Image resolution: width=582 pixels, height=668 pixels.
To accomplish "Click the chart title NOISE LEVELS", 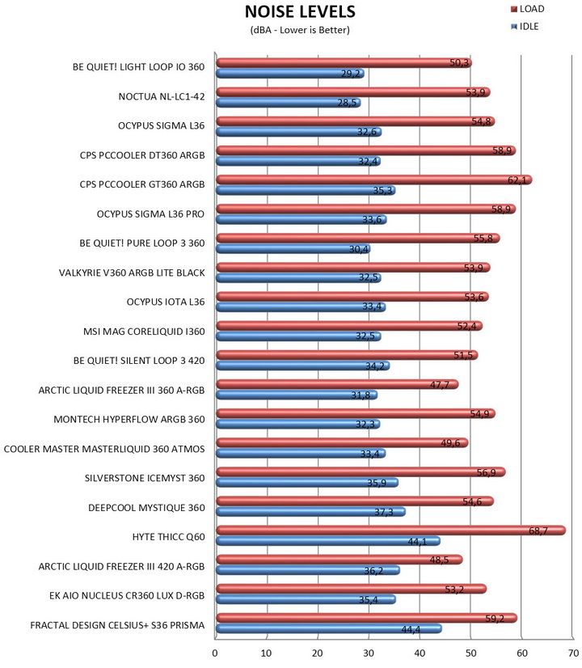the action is pos(300,11).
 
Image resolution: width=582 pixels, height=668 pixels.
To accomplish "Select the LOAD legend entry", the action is pos(528,9).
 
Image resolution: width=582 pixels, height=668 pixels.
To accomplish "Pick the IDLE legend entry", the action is pos(525,27).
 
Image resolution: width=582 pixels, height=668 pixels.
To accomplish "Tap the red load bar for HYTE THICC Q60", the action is pos(391,531).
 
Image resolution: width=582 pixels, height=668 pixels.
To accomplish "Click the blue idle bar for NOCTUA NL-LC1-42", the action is pos(289,103).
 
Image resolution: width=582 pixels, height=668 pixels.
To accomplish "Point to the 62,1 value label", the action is pos(517,180).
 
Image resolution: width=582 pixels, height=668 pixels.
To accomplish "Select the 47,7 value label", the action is pos(440,385).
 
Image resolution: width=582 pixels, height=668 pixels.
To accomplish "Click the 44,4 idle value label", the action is pos(411,629).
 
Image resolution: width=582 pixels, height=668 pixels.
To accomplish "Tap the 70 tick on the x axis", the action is pos(573,653).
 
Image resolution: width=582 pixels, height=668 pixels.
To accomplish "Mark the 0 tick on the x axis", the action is pos(215,653).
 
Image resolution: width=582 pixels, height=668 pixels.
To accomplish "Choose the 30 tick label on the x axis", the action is pos(369,653).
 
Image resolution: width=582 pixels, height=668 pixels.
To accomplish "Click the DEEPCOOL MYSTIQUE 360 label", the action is pos(146,508).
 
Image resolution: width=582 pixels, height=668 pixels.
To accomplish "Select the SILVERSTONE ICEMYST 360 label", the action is pos(145,478).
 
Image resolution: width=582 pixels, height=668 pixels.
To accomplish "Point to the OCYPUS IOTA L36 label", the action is pos(166,302).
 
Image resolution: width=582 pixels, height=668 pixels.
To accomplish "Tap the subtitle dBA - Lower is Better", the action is pos(300,30).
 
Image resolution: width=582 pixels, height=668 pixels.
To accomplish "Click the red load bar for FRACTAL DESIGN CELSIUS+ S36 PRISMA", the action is pos(366,618).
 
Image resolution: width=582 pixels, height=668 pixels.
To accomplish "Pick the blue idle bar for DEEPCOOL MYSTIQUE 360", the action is pos(310,512).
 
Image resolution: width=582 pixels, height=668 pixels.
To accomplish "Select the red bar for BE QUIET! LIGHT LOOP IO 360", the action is pos(344,63).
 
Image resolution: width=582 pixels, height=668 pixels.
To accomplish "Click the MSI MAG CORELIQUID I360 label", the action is pos(144,332).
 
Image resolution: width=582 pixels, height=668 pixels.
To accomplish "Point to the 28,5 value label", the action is pos(347,103).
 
